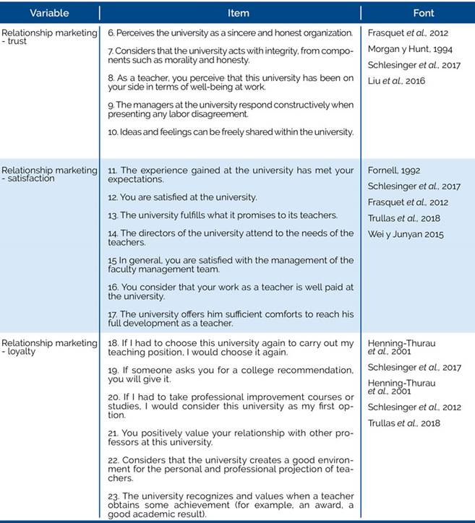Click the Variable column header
(48, 13)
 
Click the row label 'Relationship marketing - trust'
(48, 37)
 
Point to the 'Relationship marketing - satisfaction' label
(48, 174)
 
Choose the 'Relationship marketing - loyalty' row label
(48, 348)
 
